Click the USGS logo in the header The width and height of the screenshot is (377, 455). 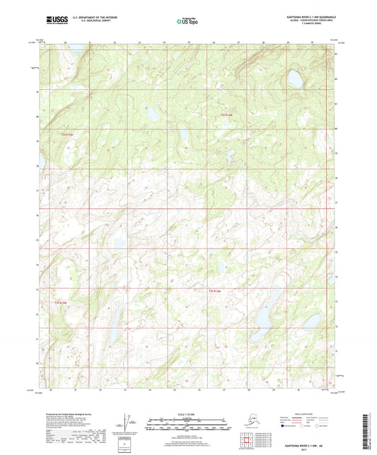click(52, 18)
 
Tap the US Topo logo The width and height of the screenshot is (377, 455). click(188, 21)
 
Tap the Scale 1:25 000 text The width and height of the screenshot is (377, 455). click(188, 413)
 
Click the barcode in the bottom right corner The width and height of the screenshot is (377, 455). click(369, 432)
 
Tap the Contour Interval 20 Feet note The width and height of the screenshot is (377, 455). click(188, 433)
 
